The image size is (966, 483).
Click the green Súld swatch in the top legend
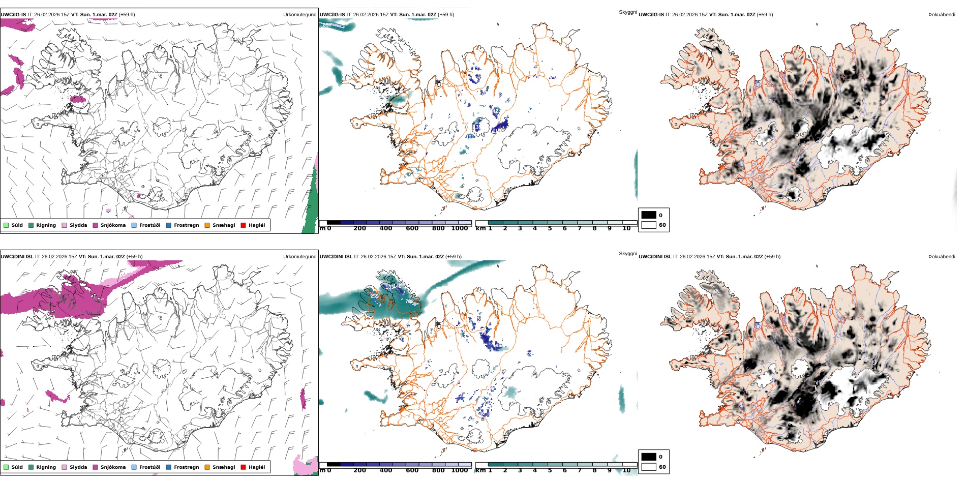[x=6, y=225]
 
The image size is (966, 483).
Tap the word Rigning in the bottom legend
[x=46, y=467]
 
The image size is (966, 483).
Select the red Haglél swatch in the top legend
[x=243, y=225]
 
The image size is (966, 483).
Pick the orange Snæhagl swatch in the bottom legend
[x=207, y=467]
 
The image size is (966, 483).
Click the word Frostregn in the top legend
[x=186, y=225]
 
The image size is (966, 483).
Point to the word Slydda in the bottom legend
[x=78, y=467]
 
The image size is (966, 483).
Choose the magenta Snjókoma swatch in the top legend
[x=95, y=225]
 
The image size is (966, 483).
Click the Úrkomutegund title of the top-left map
[x=299, y=15]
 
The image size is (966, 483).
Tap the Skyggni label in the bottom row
[x=627, y=253]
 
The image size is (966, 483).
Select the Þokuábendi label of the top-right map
[x=942, y=15]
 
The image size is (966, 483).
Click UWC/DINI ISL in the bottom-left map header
[x=17, y=257]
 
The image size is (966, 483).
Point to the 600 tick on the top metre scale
[x=412, y=229]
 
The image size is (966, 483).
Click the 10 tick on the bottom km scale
[x=626, y=470]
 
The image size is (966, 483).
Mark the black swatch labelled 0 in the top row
[x=648, y=215]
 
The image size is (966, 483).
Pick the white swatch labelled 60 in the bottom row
[x=648, y=467]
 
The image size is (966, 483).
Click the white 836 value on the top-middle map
[x=327, y=25]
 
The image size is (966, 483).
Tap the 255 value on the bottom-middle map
[x=374, y=296]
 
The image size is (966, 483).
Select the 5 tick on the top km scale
[x=550, y=229]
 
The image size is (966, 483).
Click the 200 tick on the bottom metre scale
[x=359, y=470]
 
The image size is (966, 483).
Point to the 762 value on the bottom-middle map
[x=409, y=301]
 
